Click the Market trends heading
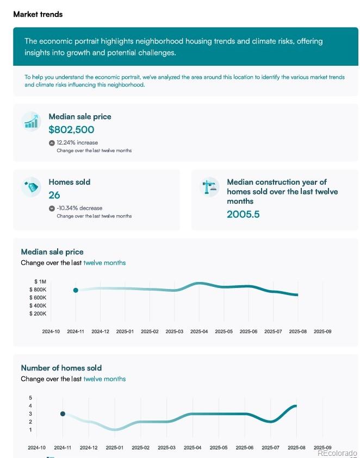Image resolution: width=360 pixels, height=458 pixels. pyautogui.click(x=38, y=14)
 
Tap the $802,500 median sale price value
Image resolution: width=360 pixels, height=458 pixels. pyautogui.click(x=71, y=130)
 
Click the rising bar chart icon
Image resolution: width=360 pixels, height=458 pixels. pyautogui.click(x=32, y=121)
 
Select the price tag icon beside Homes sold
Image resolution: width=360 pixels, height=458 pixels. pyautogui.click(x=32, y=187)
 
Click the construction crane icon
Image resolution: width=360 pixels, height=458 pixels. pyautogui.click(x=209, y=187)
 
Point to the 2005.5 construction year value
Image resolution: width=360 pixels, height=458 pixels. pyautogui.click(x=243, y=215)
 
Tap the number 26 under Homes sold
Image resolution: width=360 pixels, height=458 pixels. pyautogui.click(x=54, y=196)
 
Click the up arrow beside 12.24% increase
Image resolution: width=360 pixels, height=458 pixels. pyautogui.click(x=52, y=143)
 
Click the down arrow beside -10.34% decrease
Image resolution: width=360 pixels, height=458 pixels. pyautogui.click(x=52, y=208)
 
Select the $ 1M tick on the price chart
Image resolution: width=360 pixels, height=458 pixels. pyautogui.click(x=40, y=281)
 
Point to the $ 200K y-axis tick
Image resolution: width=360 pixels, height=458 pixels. pyautogui.click(x=38, y=313)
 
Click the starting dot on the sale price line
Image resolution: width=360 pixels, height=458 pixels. pyautogui.click(x=76, y=290)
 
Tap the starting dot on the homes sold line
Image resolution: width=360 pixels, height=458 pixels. pyautogui.click(x=63, y=414)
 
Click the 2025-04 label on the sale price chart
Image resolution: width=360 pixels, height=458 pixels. pyautogui.click(x=199, y=331)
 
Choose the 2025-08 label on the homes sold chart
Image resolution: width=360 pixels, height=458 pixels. pyautogui.click(x=296, y=448)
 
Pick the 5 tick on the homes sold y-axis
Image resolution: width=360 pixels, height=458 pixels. pyautogui.click(x=30, y=398)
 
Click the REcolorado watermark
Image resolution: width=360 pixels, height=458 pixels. pyautogui.click(x=337, y=453)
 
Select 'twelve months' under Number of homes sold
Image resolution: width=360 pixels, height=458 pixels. pyautogui.click(x=104, y=379)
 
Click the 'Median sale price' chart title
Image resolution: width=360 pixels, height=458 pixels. pyautogui.click(x=52, y=252)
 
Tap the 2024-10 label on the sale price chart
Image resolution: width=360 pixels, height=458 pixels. pyautogui.click(x=51, y=331)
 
